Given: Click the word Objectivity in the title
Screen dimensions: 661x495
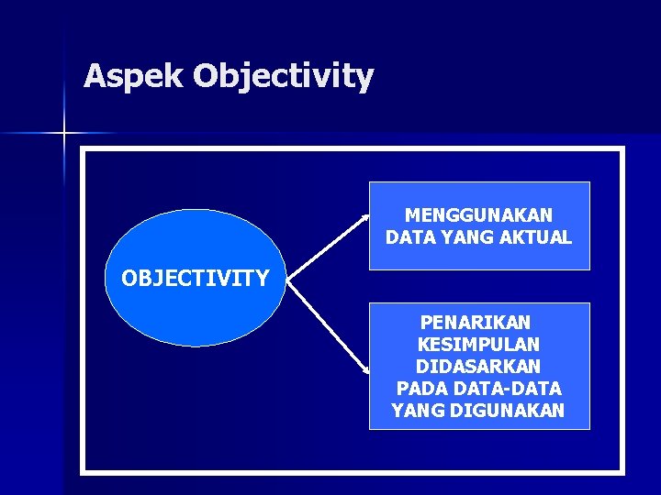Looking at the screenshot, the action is click(x=284, y=77).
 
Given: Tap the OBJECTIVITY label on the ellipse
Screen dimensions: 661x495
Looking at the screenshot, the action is click(x=196, y=278).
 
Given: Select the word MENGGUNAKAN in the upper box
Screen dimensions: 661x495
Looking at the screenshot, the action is click(x=478, y=215).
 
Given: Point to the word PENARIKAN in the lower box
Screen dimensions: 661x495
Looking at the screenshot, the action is click(x=476, y=323).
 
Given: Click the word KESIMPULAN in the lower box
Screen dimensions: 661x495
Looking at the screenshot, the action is click(x=478, y=345).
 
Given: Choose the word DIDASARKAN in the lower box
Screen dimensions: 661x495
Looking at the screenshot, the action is click(x=478, y=367).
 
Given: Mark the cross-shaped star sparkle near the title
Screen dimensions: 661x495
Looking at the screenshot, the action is click(x=64, y=134).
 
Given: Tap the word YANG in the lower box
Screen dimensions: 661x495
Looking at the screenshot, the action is click(x=419, y=411).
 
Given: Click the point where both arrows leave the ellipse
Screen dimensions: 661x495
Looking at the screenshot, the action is click(x=287, y=280).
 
